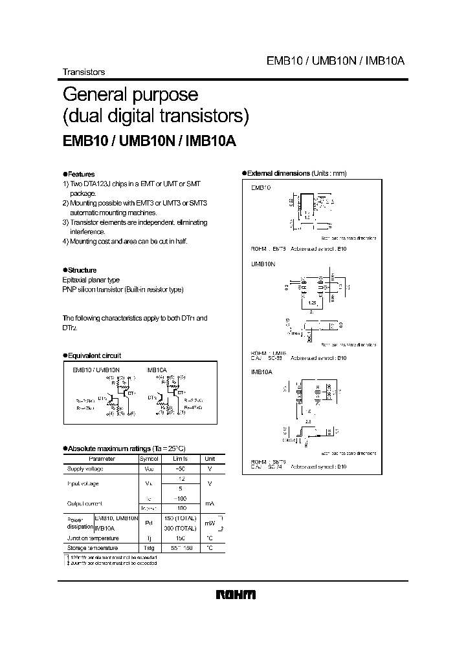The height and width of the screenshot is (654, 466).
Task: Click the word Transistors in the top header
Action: coord(83,72)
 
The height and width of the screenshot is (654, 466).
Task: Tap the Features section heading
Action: coord(81,174)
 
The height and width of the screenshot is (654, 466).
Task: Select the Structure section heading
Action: coord(82,270)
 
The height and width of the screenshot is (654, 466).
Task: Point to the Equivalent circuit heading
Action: coord(94,355)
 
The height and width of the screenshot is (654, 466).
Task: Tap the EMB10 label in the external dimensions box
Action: coord(260,187)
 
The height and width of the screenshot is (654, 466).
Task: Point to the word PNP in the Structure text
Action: coord(69,290)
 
